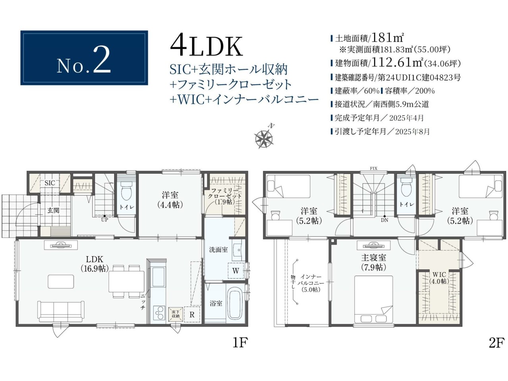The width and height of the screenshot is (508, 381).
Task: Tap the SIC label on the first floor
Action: coord(50,183)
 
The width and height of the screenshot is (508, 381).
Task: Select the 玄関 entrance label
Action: coord(54,210)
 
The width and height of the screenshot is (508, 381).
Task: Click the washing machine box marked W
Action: coord(236,271)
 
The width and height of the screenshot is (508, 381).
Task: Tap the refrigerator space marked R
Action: coord(192,315)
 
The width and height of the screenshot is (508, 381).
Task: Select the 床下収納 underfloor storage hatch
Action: coord(176,315)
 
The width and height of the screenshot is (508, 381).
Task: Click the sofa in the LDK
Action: coord(61,312)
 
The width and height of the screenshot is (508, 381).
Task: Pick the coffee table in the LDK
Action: coord(61,281)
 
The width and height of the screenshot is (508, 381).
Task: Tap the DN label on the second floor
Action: coord(385,220)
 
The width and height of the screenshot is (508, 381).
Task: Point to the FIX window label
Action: coord(373,168)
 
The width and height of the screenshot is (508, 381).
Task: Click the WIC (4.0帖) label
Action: coord(439,278)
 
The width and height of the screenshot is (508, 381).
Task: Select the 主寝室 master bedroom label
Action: coord(373,258)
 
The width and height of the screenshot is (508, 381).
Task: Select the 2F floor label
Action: coord(496,343)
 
